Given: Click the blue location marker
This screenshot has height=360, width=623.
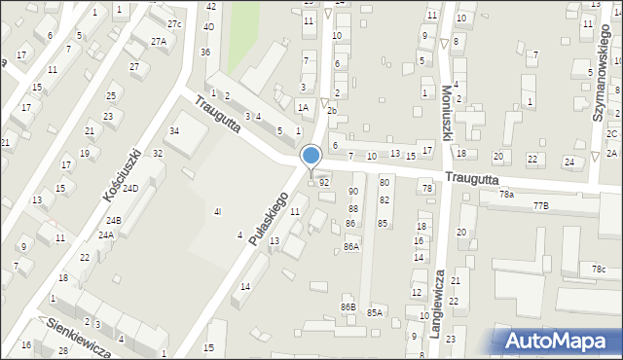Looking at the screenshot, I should coord(311,156).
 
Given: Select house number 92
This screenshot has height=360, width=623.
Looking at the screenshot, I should coord(324,182).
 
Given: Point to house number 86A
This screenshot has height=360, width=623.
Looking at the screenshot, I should coord(351,247).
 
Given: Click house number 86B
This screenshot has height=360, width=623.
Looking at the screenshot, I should coord(348,307).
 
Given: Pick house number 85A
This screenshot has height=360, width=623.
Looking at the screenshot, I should coord(375,312).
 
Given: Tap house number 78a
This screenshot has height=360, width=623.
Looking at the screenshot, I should coord(506,195).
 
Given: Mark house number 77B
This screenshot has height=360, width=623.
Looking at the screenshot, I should coord(540,205).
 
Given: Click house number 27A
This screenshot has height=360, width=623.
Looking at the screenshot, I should coord(158,42).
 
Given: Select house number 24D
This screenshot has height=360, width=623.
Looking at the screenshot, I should coord(129,188).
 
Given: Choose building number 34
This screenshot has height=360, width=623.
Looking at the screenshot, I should coord(174,130).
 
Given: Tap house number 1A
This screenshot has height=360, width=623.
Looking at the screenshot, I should coord(303,107).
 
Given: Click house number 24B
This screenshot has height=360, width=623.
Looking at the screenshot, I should coord(113,220).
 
